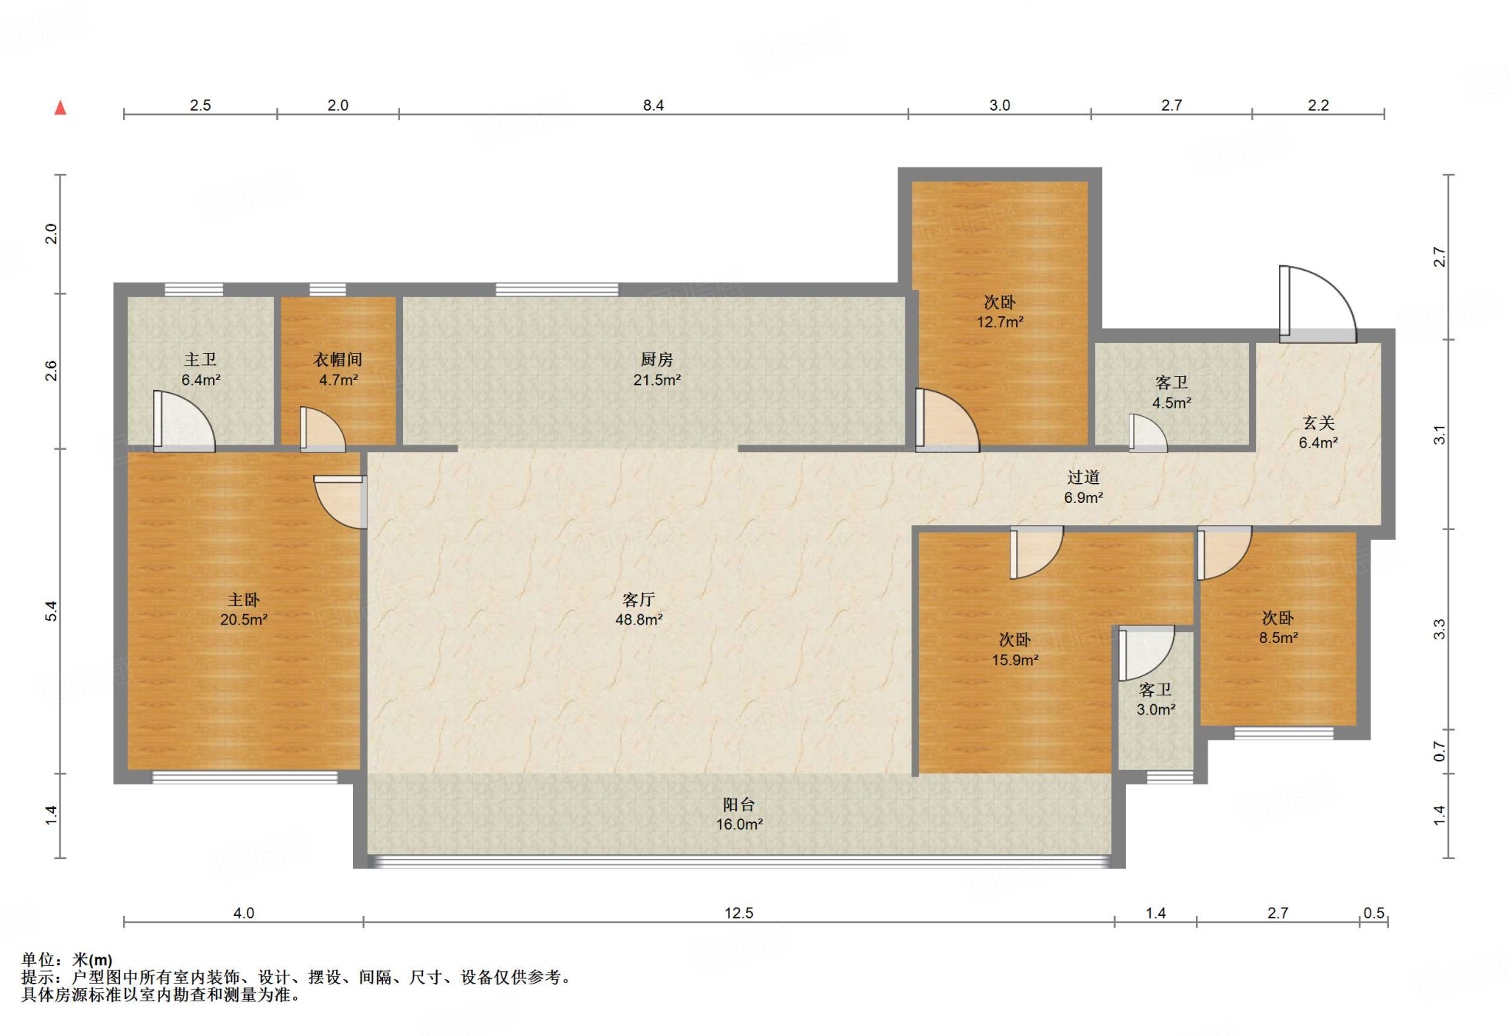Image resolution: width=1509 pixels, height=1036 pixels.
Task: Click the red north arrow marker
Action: click(60, 108)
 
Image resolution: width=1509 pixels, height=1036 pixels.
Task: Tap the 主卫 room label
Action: click(200, 360)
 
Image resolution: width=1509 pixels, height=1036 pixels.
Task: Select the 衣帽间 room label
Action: click(338, 360)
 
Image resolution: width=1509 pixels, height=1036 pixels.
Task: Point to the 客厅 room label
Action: click(639, 599)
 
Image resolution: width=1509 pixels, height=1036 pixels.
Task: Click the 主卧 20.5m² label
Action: click(244, 610)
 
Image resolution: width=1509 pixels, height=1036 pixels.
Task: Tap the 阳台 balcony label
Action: click(739, 804)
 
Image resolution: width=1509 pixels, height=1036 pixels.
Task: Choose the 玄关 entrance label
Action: click(1318, 423)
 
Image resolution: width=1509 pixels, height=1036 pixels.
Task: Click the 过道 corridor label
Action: click(1083, 477)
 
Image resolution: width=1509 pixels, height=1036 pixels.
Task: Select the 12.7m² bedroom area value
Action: click(1000, 322)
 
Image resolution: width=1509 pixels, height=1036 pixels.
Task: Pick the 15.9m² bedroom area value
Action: click(1015, 660)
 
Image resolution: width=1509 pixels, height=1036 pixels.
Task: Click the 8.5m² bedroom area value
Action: click(1278, 638)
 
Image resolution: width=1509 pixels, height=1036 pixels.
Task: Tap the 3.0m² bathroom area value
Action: click(1156, 709)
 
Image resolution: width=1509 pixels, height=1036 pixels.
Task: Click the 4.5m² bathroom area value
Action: click(1172, 403)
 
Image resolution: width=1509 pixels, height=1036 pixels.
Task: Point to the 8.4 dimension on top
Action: click(654, 105)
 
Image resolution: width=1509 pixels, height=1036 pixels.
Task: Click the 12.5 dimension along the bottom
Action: click(739, 913)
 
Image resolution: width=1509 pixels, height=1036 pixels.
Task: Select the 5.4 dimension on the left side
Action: click(51, 611)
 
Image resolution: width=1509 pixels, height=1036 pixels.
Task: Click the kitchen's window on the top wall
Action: click(557, 289)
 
